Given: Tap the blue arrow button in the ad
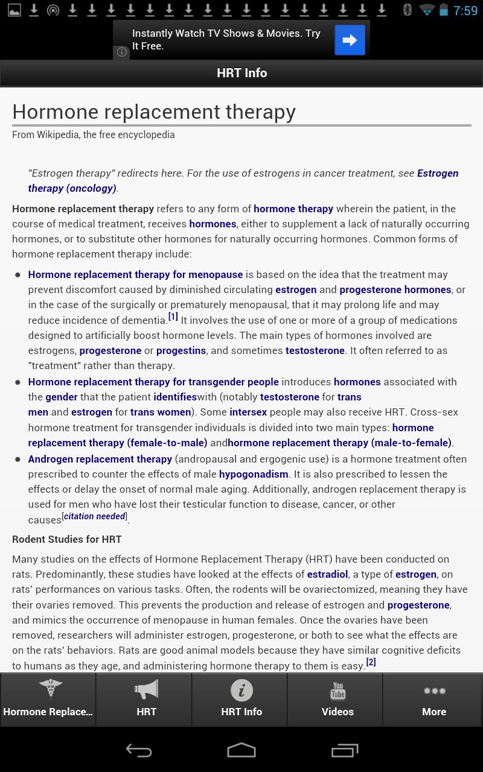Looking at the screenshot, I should [350, 40].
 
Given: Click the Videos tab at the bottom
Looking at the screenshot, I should [337, 700].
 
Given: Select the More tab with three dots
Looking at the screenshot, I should [433, 700].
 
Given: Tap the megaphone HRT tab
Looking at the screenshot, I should [146, 700].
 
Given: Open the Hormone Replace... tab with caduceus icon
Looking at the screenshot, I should [48, 700].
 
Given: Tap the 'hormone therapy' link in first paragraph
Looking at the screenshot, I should [293, 209].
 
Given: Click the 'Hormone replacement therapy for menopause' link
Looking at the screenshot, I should [135, 274].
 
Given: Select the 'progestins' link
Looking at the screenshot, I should [181, 350].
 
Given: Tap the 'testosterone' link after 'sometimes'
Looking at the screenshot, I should [315, 350].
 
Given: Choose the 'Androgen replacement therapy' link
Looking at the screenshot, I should [100, 459].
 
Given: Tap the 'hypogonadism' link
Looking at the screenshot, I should [254, 474].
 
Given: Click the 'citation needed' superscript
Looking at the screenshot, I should [95, 516].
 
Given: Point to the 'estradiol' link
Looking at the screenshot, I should [327, 574].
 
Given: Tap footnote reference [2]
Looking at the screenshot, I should [371, 662].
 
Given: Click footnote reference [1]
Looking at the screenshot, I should [173, 317].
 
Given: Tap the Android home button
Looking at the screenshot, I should [241, 750].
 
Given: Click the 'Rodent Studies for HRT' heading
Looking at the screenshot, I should [66, 539].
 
